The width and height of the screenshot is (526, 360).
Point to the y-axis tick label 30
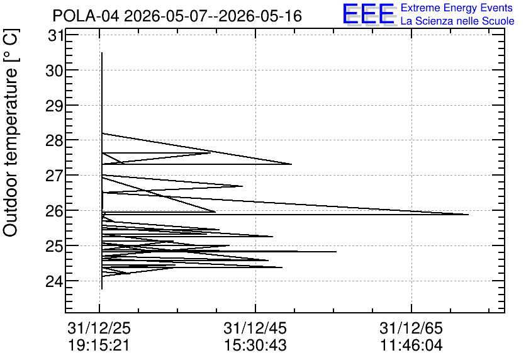click(x=54, y=70)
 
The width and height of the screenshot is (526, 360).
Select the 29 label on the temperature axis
click(x=54, y=106)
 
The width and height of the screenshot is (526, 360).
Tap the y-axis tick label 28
click(x=54, y=141)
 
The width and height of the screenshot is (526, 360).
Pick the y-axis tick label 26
click(x=54, y=211)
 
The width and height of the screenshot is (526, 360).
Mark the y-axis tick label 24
click(x=54, y=281)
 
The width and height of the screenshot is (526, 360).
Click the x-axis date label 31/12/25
click(x=99, y=328)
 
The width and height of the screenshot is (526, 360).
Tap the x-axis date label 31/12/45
click(x=255, y=328)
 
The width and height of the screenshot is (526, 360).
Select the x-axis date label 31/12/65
click(x=411, y=328)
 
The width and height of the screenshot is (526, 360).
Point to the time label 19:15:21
click(x=99, y=346)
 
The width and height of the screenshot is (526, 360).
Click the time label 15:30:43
click(x=255, y=346)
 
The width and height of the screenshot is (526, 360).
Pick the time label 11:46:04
click(x=411, y=346)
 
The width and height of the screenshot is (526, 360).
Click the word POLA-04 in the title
click(x=86, y=16)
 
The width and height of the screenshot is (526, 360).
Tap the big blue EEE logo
click(x=368, y=14)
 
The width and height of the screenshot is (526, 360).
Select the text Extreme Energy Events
click(x=457, y=8)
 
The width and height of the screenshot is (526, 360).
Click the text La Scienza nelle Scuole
click(x=457, y=21)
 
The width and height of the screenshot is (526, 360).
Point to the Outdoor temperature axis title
click(x=10, y=133)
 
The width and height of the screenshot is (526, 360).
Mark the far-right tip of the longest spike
click(x=468, y=215)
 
